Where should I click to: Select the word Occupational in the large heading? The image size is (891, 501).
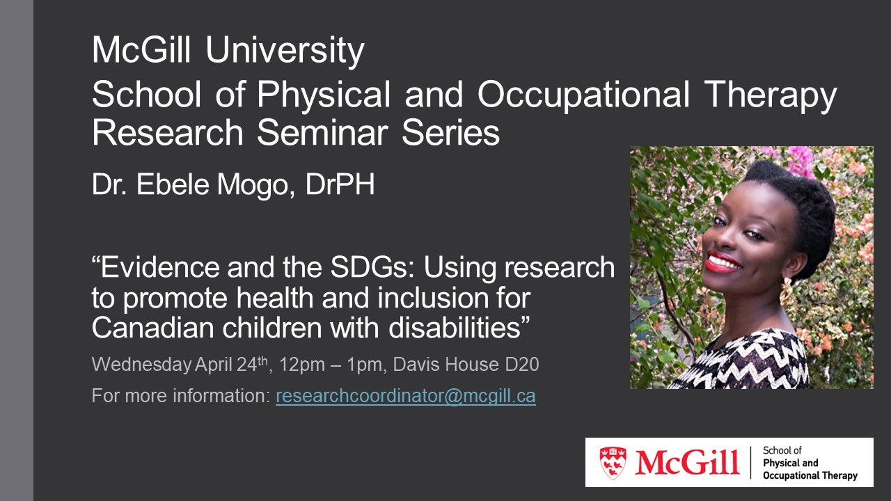pyautogui.click(x=583, y=95)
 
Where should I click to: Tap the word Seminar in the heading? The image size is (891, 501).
pyautogui.click(x=322, y=132)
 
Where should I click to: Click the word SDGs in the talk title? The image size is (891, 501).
pyautogui.click(x=372, y=267)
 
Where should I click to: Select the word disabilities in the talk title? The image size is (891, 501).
pyautogui.click(x=455, y=328)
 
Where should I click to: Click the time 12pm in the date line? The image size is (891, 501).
pyautogui.click(x=302, y=365)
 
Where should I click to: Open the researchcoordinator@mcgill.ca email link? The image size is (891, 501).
pyautogui.click(x=406, y=396)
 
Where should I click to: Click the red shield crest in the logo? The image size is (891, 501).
pyautogui.click(x=613, y=463)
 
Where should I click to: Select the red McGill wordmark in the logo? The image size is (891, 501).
pyautogui.click(x=687, y=463)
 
